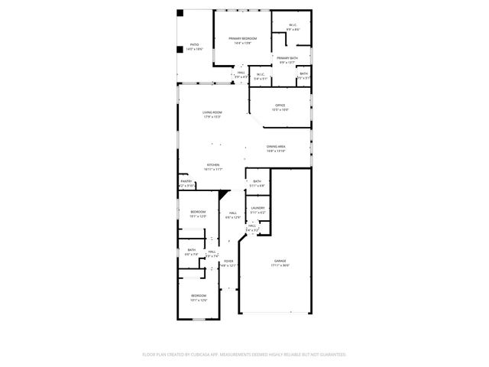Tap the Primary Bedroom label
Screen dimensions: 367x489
242,38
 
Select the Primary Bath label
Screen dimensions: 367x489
287,58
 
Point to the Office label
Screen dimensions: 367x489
280,106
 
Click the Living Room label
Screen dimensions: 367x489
212,112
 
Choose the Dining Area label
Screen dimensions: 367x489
276,147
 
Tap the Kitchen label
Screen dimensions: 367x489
213,165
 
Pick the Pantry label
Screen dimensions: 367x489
186,181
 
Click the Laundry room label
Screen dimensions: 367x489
257,208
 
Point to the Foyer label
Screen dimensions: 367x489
228,261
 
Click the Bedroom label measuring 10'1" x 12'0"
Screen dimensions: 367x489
198,211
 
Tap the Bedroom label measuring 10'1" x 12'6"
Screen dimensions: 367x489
198,295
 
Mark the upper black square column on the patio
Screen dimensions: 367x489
181,13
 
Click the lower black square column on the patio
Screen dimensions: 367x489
181,50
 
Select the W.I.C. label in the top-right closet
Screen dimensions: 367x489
293,25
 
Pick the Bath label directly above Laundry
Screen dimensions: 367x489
257,181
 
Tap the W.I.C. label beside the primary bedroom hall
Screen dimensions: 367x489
261,74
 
